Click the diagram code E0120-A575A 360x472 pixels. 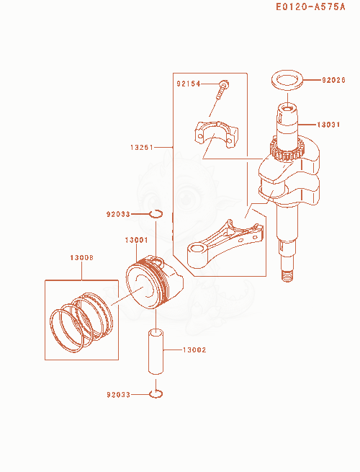coord(310,6)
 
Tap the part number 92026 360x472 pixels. coord(333,80)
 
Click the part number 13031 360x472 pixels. coord(328,125)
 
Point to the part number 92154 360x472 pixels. coord(188,84)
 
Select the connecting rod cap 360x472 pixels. coord(216,134)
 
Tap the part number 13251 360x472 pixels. coord(142,148)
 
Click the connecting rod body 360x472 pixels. coord(224,244)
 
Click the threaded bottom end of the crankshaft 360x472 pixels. coord(288,276)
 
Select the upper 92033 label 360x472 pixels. coord(118,214)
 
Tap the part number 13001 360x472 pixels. coord(136,240)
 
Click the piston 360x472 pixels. coord(154,282)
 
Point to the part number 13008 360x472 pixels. coord(81,258)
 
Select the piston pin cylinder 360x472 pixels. coord(156,352)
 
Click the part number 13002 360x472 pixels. coord(194,349)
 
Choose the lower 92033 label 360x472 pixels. coord(119,394)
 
